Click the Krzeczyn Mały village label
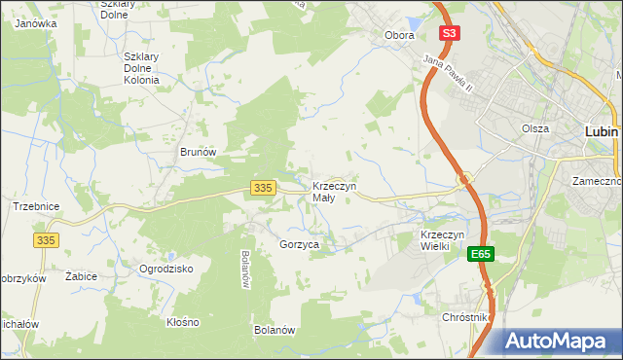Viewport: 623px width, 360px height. pos(334,192)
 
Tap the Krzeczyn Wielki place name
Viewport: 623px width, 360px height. pos(447,240)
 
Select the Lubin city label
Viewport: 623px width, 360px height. pos(603,129)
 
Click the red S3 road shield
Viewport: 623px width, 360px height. pos(448,33)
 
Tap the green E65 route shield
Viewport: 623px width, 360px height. pos(479,254)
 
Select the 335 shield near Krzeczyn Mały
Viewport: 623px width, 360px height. pos(260,187)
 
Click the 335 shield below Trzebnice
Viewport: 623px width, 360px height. pos(46,239)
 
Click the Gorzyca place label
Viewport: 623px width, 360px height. pos(299,245)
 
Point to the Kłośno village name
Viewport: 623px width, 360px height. pos(182,322)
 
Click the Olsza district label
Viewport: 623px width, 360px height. pos(535,128)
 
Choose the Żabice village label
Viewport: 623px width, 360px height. pos(81,276)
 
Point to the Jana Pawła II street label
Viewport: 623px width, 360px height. pos(447,74)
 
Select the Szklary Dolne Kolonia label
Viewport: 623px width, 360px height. pos(149,68)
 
